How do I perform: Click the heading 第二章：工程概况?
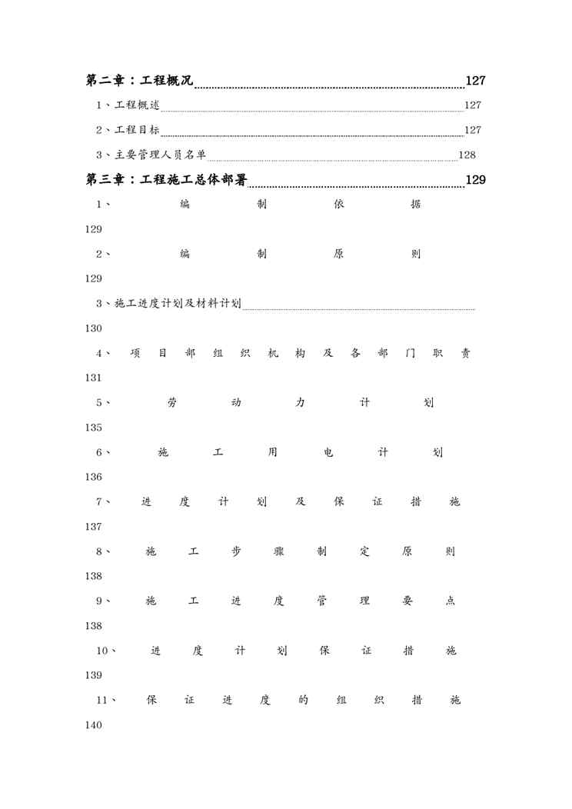click(139, 81)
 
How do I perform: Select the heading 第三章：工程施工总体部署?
click(166, 181)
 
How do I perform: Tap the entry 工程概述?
click(138, 105)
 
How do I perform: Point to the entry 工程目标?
click(138, 130)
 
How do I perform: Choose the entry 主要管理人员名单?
click(161, 155)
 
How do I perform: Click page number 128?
click(467, 155)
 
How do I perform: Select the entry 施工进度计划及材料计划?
click(178, 304)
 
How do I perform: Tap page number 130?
click(94, 328)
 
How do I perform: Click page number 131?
click(94, 378)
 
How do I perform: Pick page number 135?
click(94, 428)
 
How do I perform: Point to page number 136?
click(94, 477)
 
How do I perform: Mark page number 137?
click(94, 527)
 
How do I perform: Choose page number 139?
click(94, 675)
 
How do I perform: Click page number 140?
click(94, 725)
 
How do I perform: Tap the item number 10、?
click(106, 651)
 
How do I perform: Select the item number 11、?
click(106, 700)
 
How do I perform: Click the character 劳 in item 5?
click(171, 403)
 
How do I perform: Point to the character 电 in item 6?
click(328, 452)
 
